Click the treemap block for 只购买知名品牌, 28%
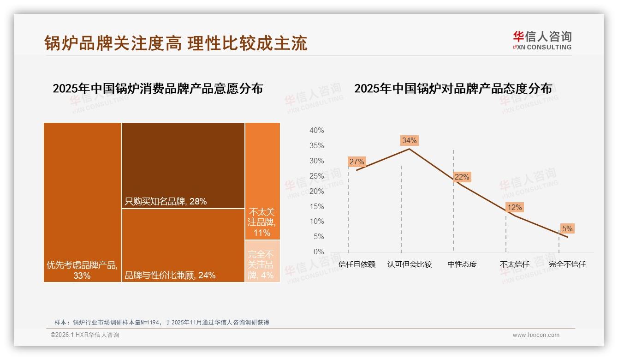[183, 165]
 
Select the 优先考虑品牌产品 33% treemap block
[83, 202]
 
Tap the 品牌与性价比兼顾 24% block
[183, 245]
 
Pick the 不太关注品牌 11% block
[262, 181]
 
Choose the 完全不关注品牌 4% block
[262, 261]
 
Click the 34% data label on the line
[409, 140]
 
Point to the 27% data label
[357, 162]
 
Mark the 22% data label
[462, 177]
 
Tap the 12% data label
[514, 208]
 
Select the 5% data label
[567, 228]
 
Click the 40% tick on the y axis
[316, 131]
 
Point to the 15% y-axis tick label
[316, 206]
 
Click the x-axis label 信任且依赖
[357, 264]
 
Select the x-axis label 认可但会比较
[410, 264]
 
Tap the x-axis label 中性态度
[462, 264]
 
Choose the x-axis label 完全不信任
[567, 264]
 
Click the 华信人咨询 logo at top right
[542, 40]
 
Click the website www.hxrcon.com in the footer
[536, 335]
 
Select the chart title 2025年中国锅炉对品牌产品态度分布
[453, 89]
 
